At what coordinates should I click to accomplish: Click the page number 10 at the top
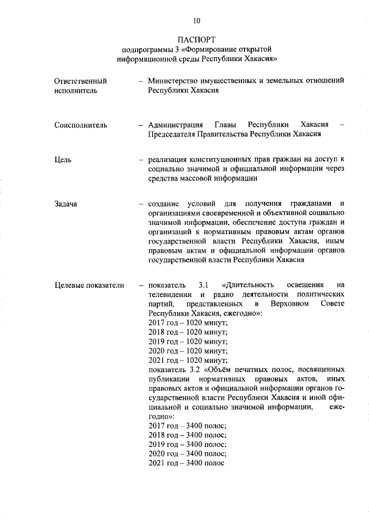pyautogui.click(x=196, y=21)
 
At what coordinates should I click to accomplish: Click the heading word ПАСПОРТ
pyautogui.click(x=196, y=40)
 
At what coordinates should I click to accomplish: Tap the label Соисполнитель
pyautogui.click(x=81, y=125)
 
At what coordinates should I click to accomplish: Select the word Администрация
pyautogui.click(x=176, y=125)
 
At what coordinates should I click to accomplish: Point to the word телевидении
pyautogui.click(x=171, y=294)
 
